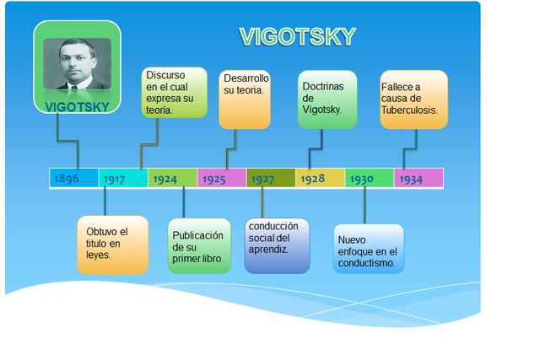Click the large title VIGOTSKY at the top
point(297,36)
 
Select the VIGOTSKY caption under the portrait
point(77,107)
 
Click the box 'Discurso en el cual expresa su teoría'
point(174,93)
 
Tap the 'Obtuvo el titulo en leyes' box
point(112,244)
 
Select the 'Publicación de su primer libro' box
point(199,246)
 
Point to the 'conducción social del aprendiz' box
point(277,245)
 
